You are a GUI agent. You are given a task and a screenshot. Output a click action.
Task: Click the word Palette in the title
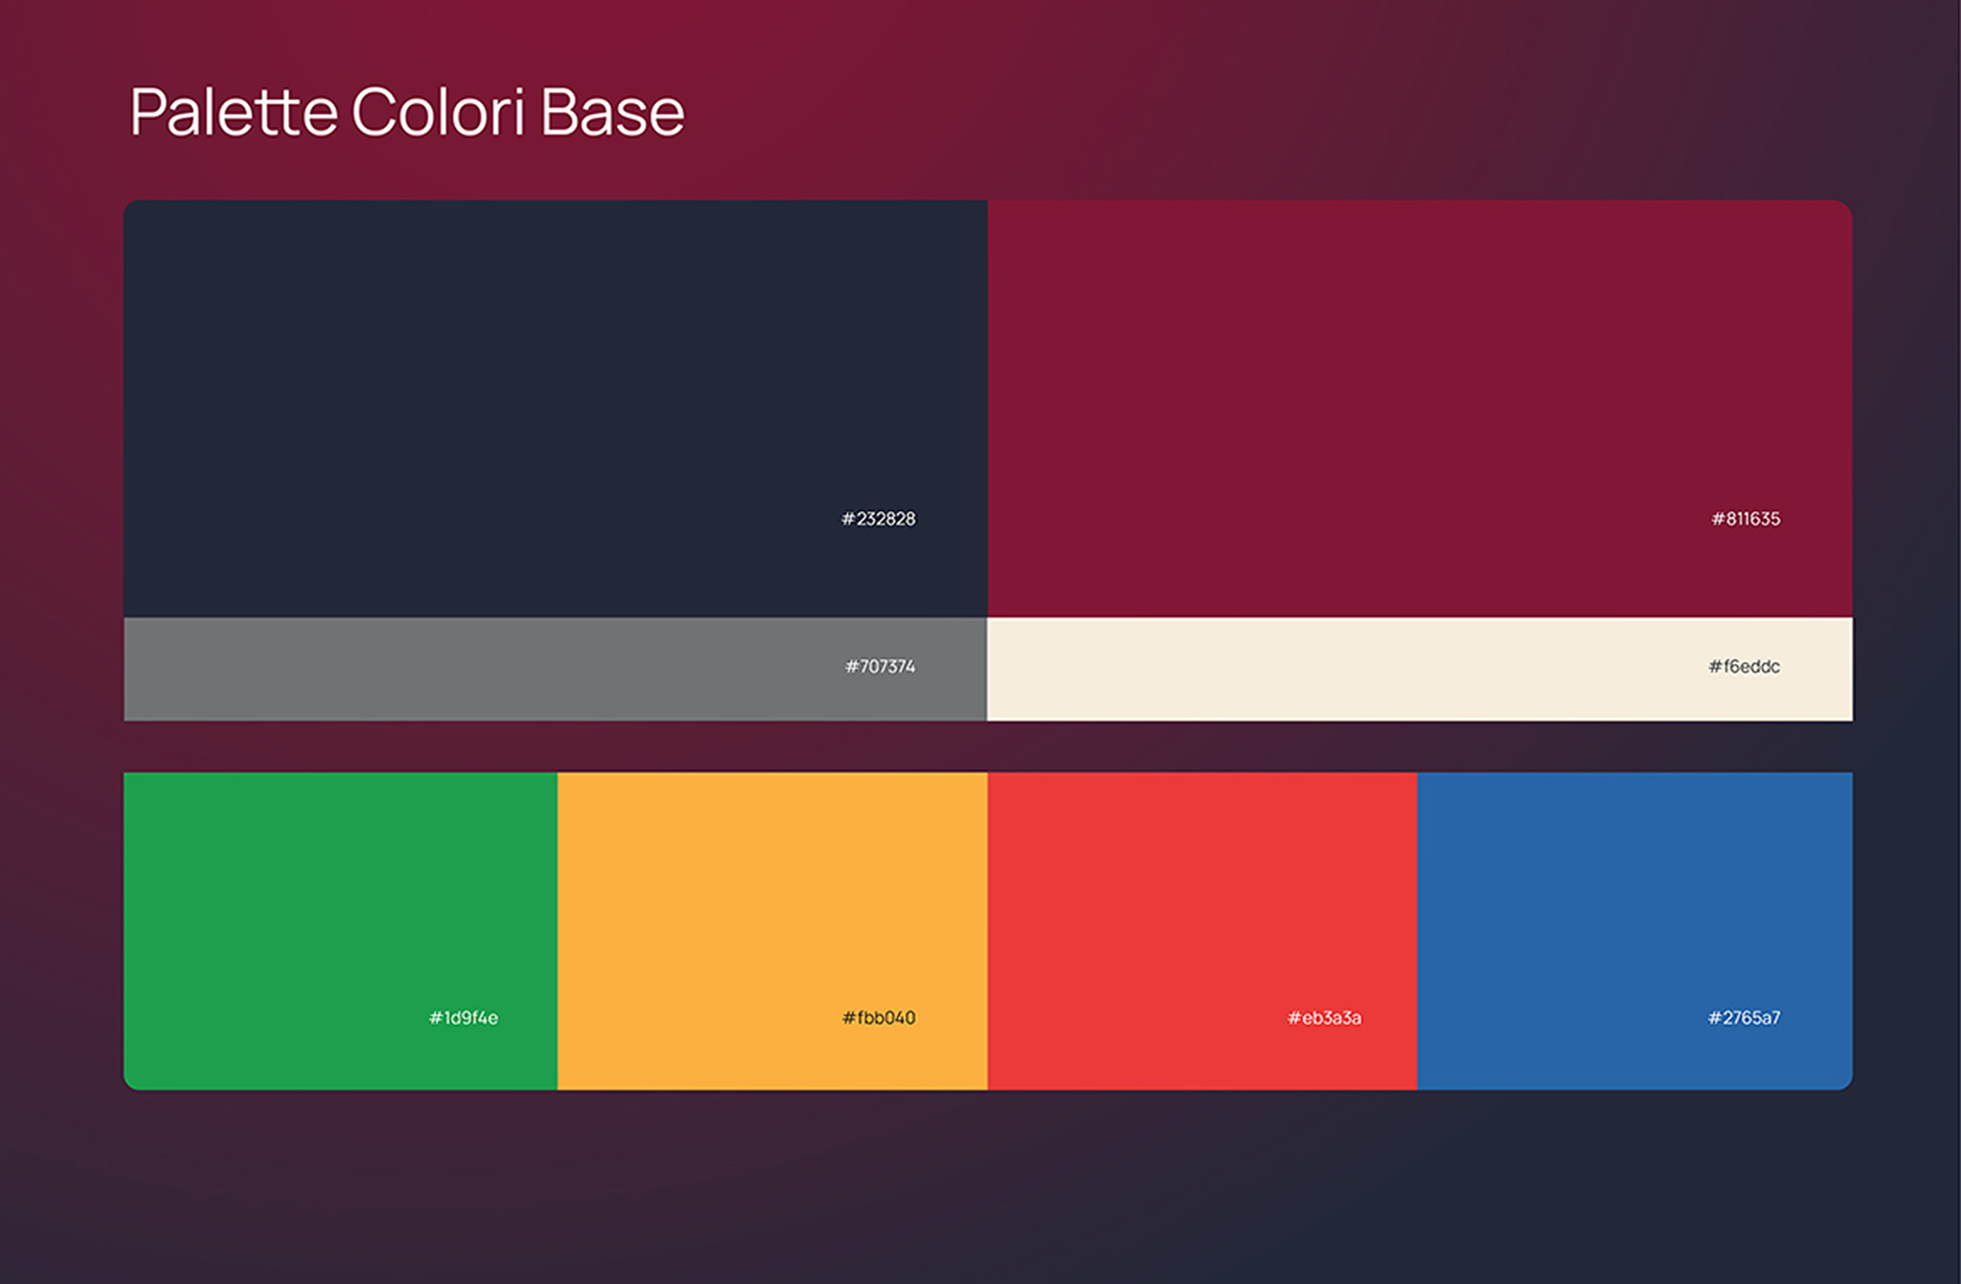(233, 111)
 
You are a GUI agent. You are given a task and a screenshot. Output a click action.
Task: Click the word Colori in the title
(438, 111)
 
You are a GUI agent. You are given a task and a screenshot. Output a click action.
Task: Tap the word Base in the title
(612, 111)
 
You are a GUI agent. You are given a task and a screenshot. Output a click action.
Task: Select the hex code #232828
(879, 519)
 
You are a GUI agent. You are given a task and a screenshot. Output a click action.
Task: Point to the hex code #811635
(1745, 519)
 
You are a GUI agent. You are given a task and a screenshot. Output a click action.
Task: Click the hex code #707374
(880, 667)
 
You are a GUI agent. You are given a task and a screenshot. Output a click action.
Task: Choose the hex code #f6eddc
(1744, 667)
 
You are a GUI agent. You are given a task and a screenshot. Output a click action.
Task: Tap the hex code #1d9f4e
(464, 1018)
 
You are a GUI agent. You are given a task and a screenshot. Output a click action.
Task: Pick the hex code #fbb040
(879, 1018)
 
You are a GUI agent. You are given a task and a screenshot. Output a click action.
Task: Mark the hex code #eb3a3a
(1325, 1018)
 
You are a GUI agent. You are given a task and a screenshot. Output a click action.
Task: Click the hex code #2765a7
(1744, 1018)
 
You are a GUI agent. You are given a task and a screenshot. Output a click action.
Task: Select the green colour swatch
(340, 931)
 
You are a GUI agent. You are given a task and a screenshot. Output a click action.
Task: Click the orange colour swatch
(773, 931)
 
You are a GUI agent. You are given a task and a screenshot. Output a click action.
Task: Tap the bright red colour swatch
(1202, 931)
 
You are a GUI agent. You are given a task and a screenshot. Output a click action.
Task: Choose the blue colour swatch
(1635, 931)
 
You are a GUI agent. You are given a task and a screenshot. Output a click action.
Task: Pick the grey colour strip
(555, 669)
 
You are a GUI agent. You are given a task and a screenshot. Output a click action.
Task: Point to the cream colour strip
(1420, 669)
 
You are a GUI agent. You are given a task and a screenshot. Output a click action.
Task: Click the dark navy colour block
(555, 409)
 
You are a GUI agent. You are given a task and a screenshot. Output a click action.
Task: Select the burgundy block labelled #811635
(1420, 409)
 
